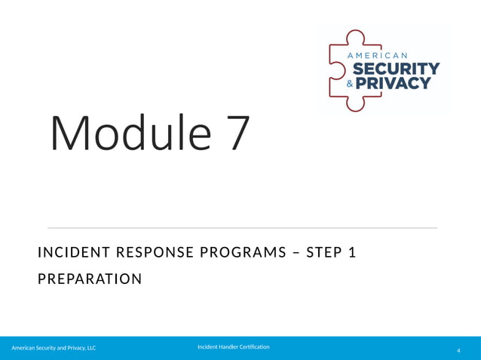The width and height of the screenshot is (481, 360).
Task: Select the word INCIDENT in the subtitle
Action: click(70, 253)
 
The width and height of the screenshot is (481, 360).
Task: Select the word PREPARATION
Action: click(89, 279)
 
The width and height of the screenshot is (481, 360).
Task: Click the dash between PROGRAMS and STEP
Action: click(292, 253)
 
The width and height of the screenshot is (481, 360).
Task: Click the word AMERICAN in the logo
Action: click(377, 56)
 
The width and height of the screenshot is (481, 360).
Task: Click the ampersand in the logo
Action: click(348, 84)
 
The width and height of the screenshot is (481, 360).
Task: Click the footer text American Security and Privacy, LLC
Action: click(53, 348)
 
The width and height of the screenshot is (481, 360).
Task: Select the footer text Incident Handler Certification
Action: click(233, 346)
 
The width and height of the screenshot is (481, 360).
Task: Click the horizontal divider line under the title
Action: click(242, 227)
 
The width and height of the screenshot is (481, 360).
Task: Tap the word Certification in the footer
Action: click(252, 346)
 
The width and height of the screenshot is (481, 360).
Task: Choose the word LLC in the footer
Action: click(90, 348)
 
